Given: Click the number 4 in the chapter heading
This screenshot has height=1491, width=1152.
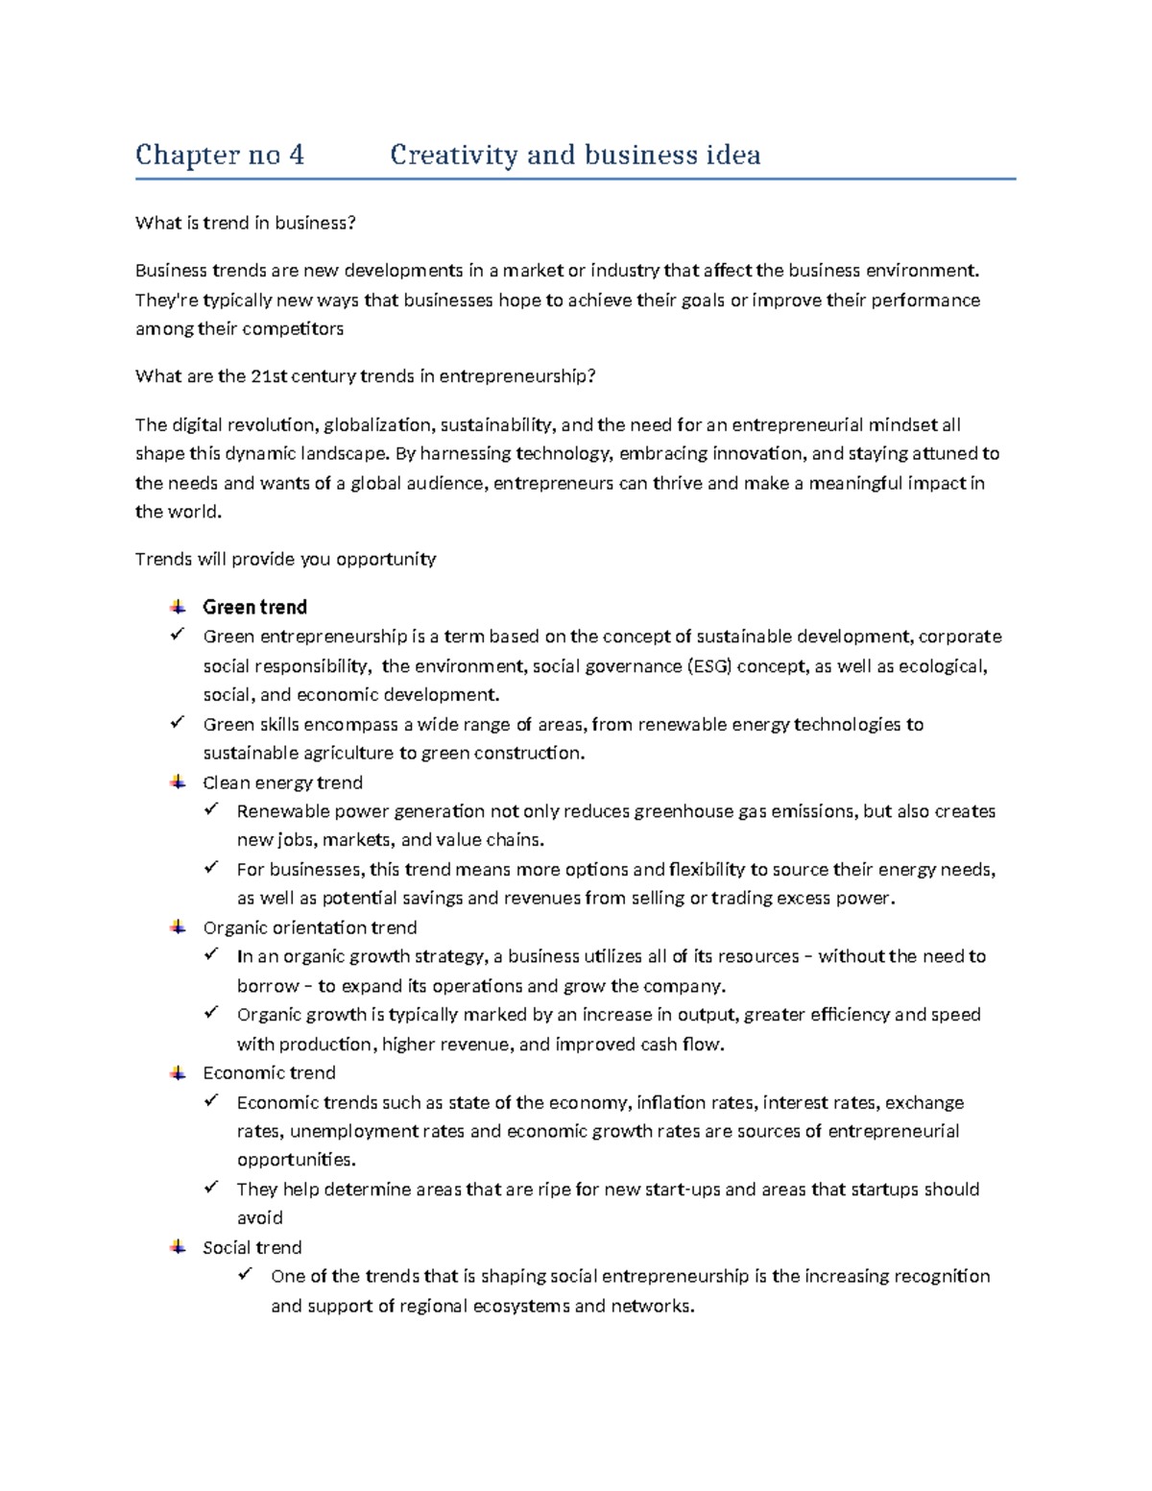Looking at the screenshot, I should pyautogui.click(x=296, y=155).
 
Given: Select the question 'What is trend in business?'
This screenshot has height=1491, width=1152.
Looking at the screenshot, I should pyautogui.click(x=245, y=223).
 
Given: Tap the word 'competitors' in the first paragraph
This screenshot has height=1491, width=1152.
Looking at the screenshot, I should pyautogui.click(x=292, y=328).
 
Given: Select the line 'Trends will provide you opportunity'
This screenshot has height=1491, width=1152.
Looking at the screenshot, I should pyautogui.click(x=285, y=559).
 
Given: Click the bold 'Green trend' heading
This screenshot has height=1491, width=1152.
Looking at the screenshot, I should pyautogui.click(x=254, y=607).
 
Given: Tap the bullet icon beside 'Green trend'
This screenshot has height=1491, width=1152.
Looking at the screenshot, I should pyautogui.click(x=178, y=607).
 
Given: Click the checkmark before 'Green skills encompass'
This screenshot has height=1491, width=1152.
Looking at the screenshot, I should pyautogui.click(x=177, y=723).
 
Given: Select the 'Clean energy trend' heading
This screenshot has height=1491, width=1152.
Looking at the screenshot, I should pyautogui.click(x=282, y=782).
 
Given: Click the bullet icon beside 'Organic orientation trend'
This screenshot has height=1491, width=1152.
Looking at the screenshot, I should pyautogui.click(x=178, y=927).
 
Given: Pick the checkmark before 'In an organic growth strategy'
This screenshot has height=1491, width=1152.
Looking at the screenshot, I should pyautogui.click(x=211, y=955).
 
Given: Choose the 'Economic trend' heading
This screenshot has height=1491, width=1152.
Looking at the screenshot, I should pyautogui.click(x=269, y=1072).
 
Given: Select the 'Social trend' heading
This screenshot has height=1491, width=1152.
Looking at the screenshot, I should pyautogui.click(x=252, y=1247).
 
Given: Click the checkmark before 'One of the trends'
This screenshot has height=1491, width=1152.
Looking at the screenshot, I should pyautogui.click(x=246, y=1275).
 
